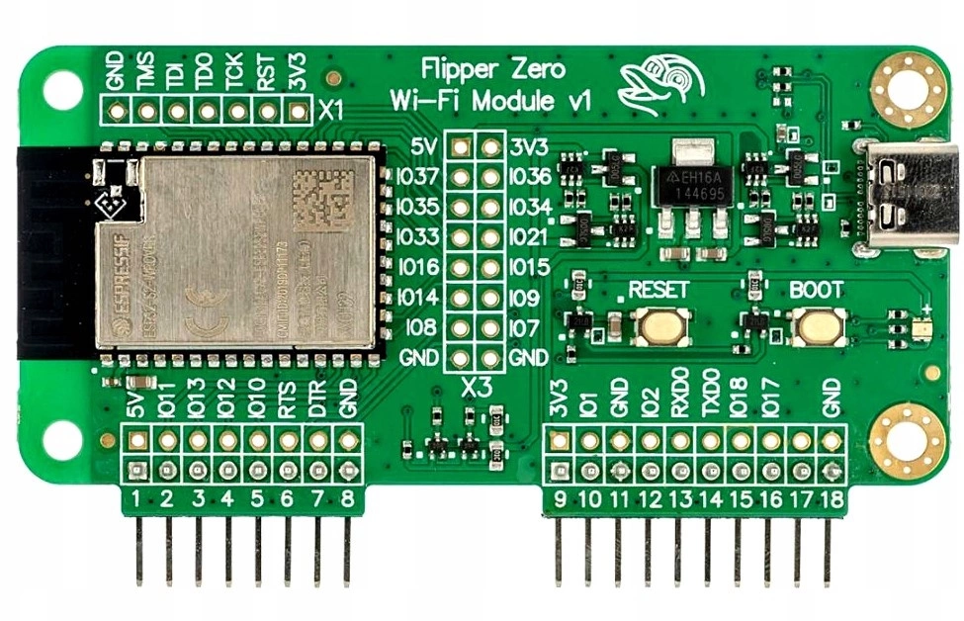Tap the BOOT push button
tap(818, 326)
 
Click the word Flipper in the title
tap(457, 70)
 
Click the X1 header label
tap(330, 110)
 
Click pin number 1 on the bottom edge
tap(136, 499)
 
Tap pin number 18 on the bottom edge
tap(833, 499)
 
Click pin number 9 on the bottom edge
tap(560, 499)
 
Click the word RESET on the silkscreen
tap(658, 291)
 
